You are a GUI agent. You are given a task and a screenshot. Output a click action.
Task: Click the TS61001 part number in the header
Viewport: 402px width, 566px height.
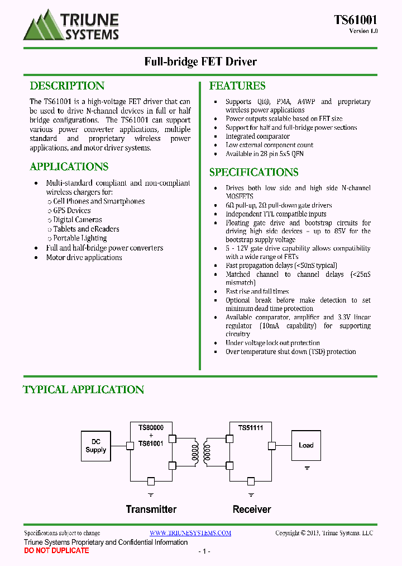click(356, 20)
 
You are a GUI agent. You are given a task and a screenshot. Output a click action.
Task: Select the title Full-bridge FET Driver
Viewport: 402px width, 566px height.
click(200, 62)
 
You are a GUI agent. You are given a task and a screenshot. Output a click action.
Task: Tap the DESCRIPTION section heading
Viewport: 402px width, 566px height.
click(67, 86)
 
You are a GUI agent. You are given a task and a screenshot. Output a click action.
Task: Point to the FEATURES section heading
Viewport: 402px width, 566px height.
click(237, 86)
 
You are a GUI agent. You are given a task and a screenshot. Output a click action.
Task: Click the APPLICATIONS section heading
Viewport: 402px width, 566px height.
click(69, 167)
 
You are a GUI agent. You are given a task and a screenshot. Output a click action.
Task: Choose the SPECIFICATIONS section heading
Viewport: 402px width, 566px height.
click(253, 172)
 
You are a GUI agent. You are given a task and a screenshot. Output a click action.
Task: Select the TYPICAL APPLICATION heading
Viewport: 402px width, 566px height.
click(84, 389)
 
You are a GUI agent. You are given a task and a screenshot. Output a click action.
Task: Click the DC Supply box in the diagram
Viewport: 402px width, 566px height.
click(96, 446)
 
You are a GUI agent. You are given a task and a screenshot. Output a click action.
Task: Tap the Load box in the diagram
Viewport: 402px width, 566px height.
click(306, 445)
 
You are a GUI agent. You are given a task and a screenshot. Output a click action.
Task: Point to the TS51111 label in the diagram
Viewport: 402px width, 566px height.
click(251, 428)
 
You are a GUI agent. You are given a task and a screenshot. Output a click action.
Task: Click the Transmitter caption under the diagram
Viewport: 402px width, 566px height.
click(151, 510)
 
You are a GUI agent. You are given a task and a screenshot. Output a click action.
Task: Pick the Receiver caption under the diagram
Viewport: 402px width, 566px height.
click(252, 510)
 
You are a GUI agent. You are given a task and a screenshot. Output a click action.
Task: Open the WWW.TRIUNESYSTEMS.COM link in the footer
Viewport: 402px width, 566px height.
click(190, 533)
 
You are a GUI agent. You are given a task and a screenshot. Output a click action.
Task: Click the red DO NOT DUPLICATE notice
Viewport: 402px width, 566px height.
click(56, 551)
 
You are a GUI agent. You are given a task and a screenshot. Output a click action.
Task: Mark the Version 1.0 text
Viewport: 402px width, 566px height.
click(363, 31)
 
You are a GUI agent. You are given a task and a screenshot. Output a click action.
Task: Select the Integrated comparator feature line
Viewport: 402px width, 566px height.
click(257, 136)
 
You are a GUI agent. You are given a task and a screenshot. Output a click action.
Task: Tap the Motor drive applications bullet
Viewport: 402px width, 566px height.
click(84, 257)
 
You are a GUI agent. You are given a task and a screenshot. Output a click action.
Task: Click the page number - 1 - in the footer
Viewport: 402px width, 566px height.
click(204, 551)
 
